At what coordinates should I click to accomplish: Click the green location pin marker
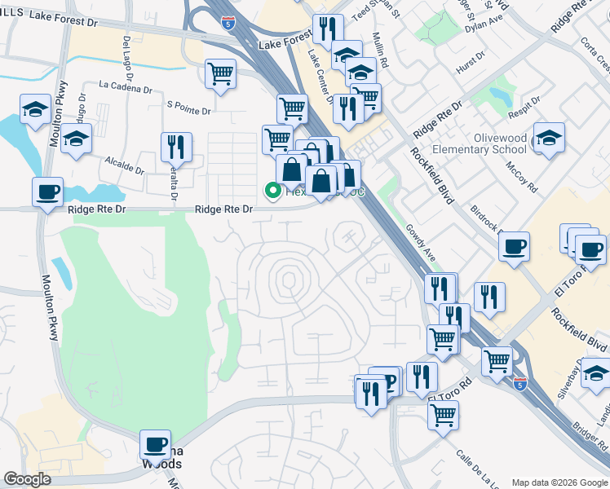[x=272, y=191]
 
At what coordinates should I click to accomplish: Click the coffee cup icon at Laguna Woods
[x=155, y=445]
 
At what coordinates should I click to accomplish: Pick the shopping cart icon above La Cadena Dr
[x=220, y=73]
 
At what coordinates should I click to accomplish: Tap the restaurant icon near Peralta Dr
[x=176, y=148]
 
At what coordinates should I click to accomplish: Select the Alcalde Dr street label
[x=124, y=166]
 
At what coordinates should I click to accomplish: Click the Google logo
[x=27, y=478]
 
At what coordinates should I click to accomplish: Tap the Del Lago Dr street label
[x=127, y=53]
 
